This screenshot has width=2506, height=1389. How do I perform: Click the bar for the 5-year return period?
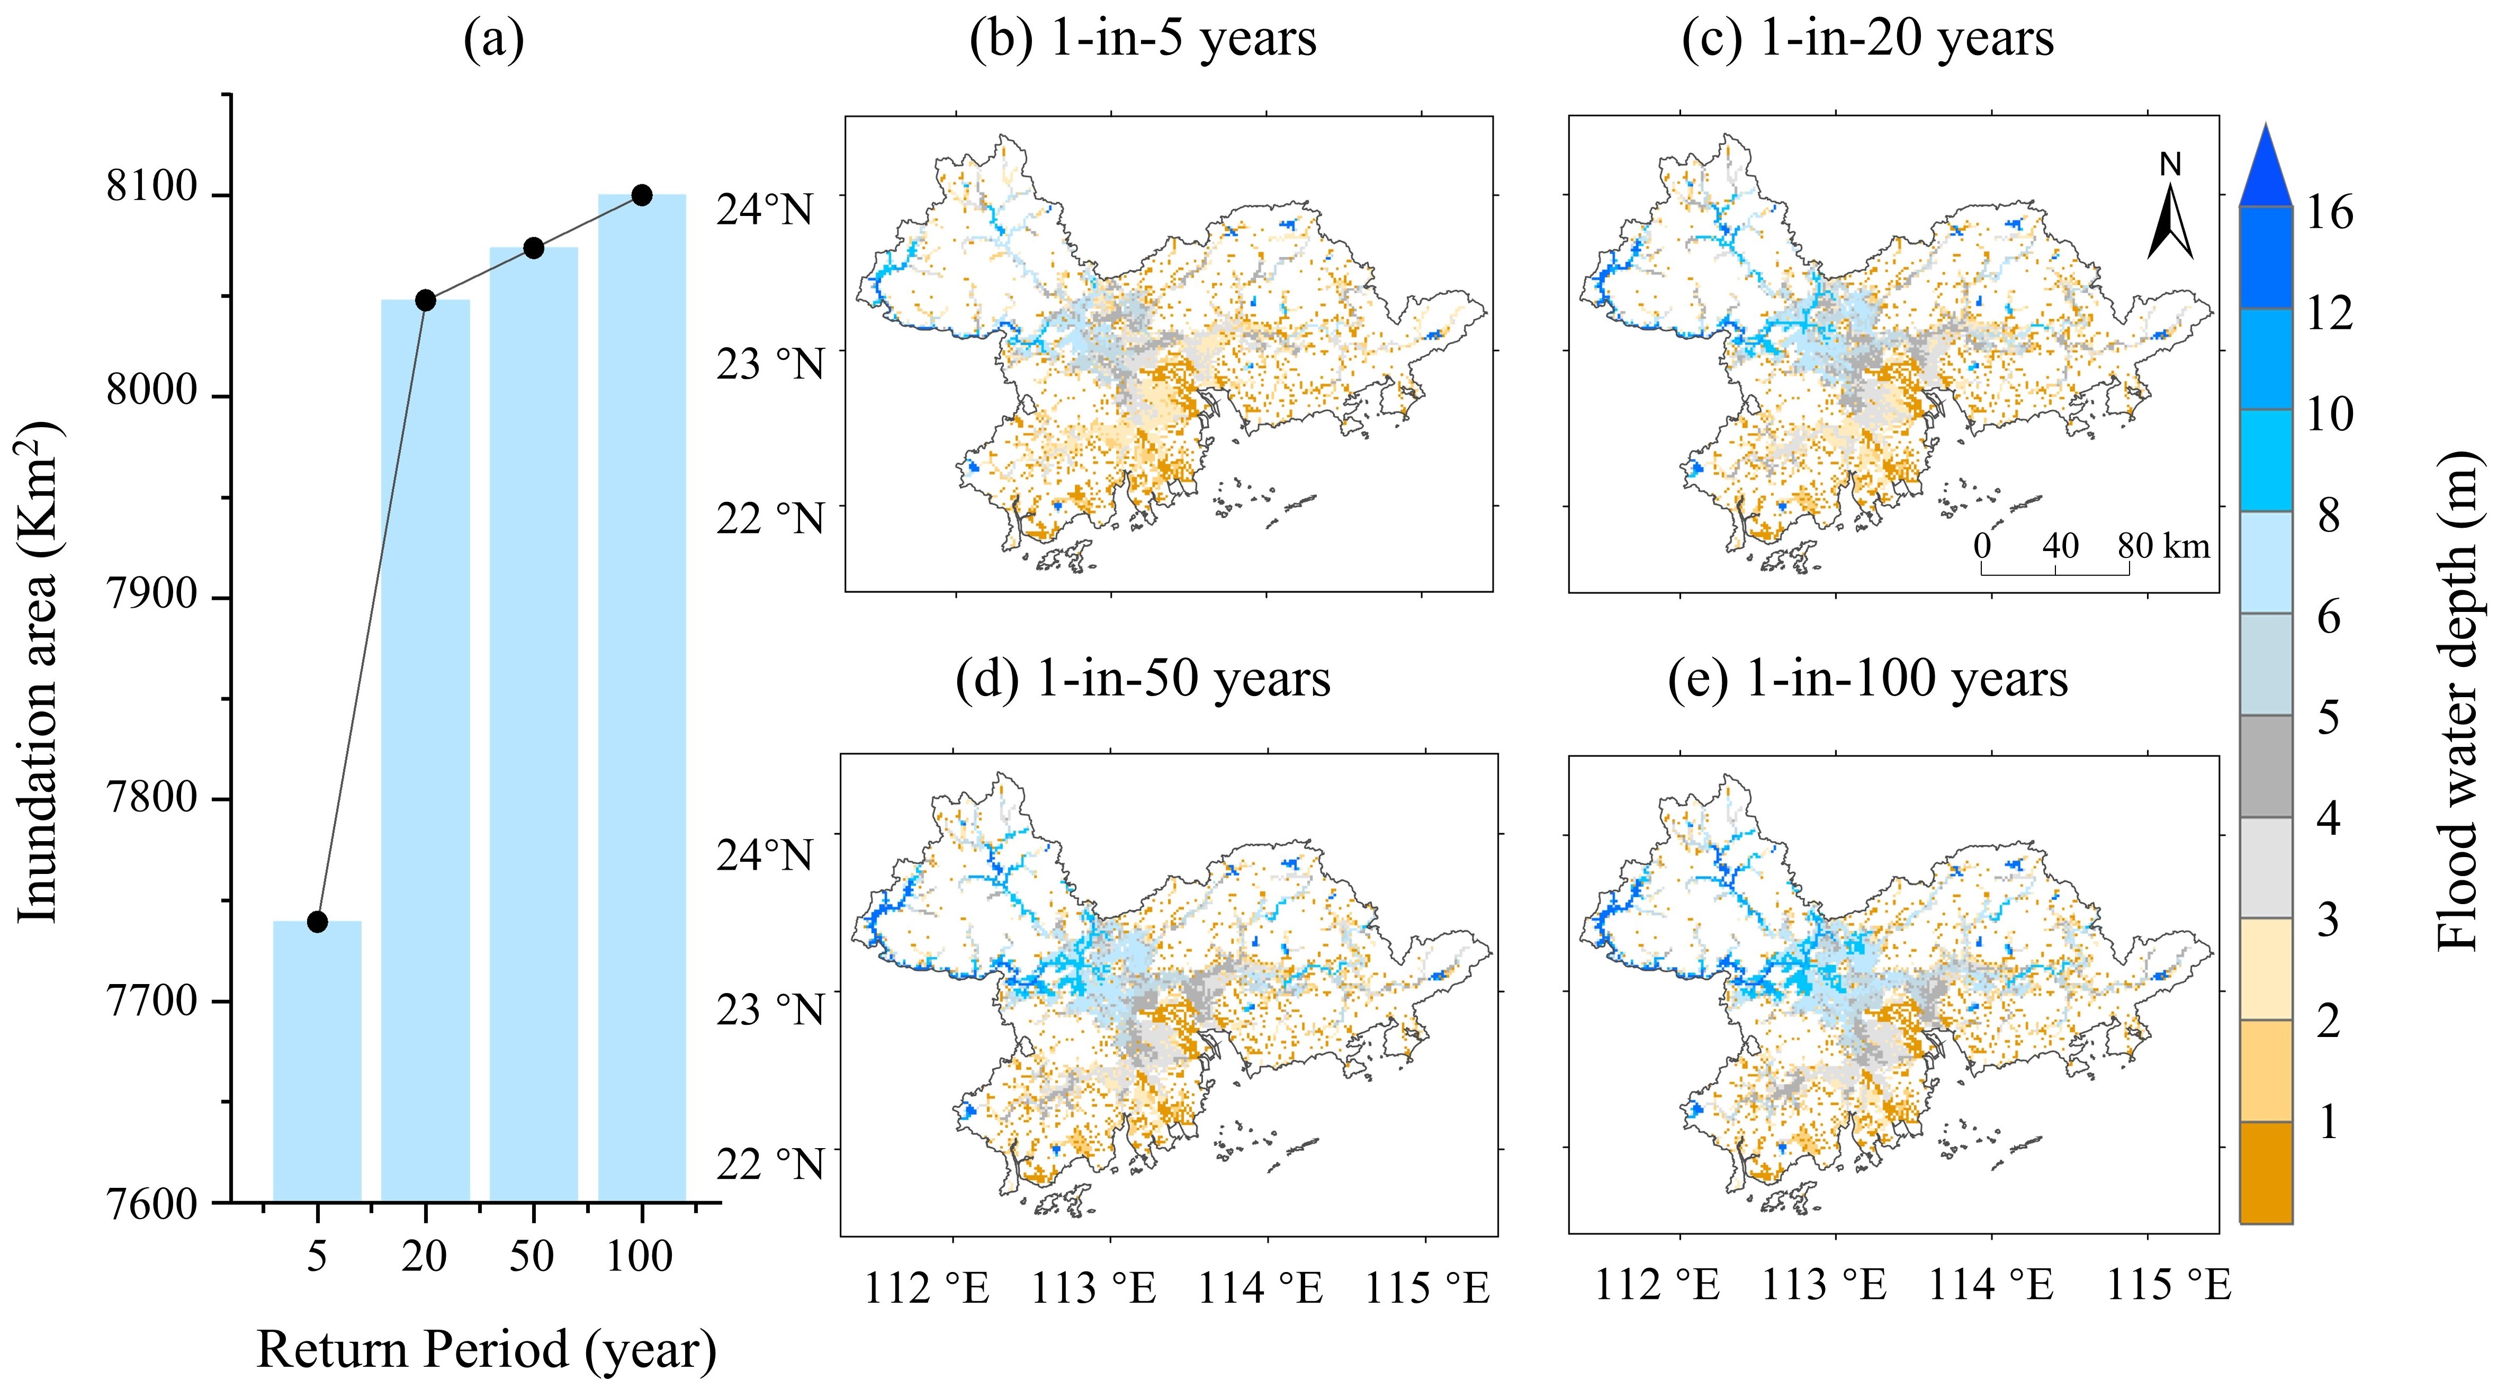(317, 1060)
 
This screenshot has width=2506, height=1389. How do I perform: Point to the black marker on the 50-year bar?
(533, 248)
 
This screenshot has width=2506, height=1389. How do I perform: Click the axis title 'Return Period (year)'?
(487, 1349)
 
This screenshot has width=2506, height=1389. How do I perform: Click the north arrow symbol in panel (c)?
(2170, 224)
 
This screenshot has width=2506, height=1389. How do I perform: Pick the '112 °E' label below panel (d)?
(927, 1289)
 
